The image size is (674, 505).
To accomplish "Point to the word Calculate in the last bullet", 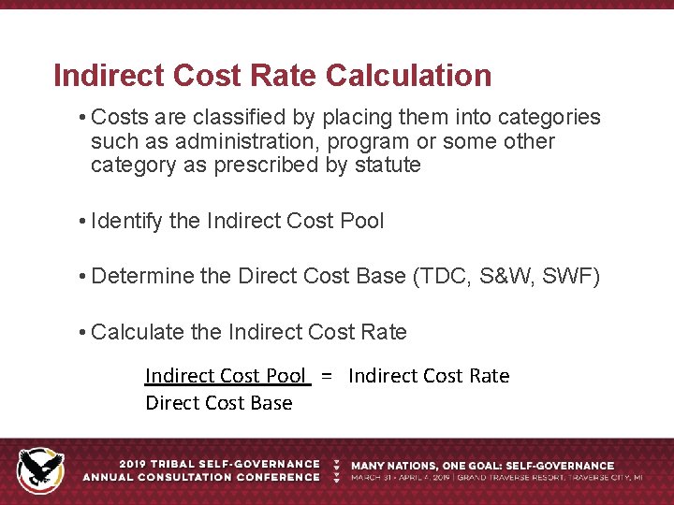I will click(138, 332).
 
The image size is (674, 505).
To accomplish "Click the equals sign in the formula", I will click(327, 376).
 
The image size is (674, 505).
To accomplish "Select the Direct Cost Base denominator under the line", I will click(219, 403).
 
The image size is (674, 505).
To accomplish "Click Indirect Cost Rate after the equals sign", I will click(429, 376).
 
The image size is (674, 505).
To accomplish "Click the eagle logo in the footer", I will click(41, 469).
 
